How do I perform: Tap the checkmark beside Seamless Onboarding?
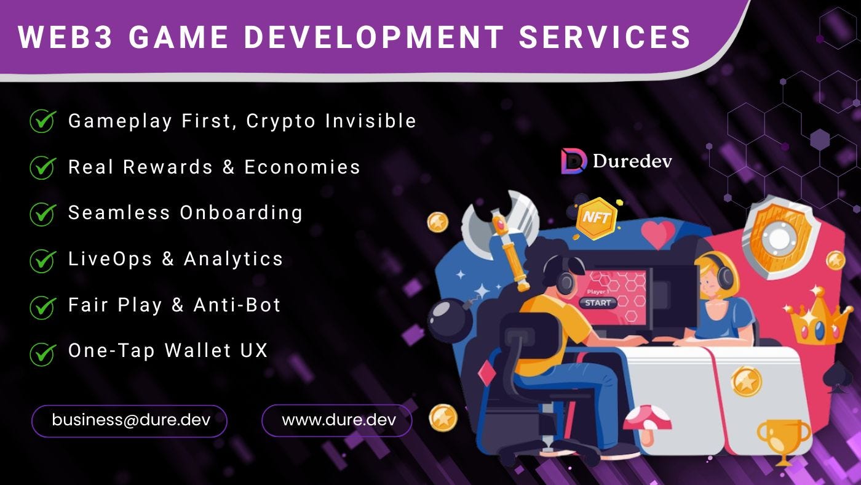point(43,213)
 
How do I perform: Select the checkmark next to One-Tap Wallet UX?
point(43,353)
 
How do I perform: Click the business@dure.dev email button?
point(130,420)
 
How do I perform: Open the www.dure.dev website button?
point(337,420)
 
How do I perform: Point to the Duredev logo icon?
point(574,161)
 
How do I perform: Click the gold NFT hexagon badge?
point(595,217)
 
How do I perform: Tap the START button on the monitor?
point(598,303)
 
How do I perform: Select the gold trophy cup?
point(784,438)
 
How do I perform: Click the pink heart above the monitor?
point(657,233)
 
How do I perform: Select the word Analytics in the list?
point(233,259)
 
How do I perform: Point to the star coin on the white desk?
point(746,381)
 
